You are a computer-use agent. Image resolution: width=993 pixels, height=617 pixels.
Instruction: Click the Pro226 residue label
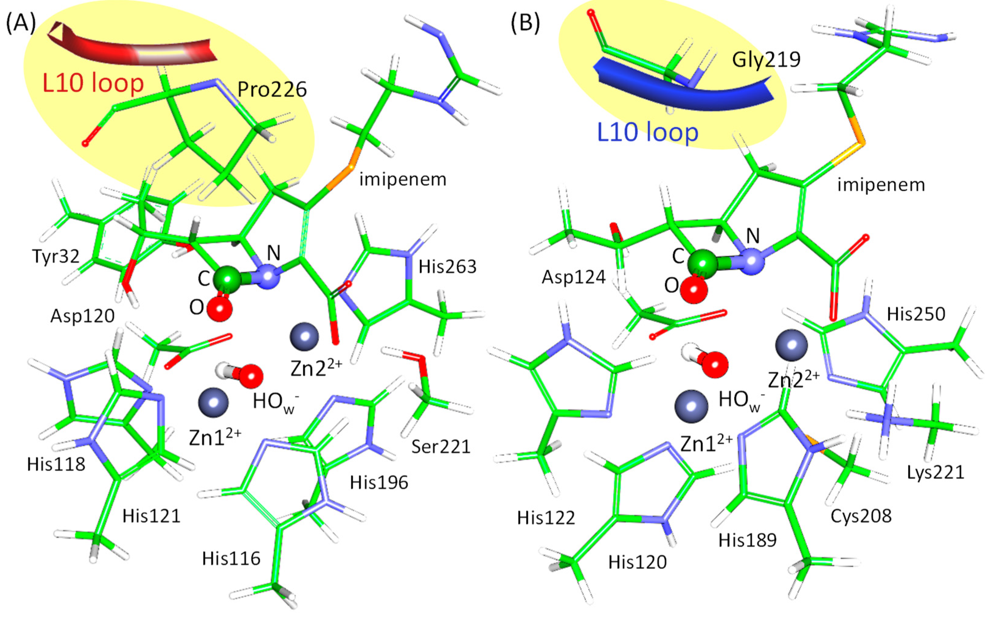coord(272,89)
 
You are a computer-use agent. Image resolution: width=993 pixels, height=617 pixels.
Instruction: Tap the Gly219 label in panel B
coord(766,60)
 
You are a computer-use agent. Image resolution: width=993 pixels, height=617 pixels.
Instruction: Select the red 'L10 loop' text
coord(93,83)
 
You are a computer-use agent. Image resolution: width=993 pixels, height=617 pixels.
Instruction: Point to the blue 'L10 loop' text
coord(648,132)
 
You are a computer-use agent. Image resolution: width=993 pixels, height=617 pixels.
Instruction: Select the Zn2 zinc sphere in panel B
coord(791,345)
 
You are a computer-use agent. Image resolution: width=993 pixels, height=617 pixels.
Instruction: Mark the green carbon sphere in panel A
coord(227,279)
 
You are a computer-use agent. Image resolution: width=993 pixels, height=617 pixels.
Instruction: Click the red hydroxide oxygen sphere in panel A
coord(251,376)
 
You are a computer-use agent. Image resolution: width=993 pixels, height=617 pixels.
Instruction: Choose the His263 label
coord(447,267)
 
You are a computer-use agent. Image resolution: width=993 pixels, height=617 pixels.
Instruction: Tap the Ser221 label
coord(440,447)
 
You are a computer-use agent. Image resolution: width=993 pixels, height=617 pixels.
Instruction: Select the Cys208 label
coord(861,516)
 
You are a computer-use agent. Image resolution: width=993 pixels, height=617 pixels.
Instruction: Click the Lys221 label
coord(936,472)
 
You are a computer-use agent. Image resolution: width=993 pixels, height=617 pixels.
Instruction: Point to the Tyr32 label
coord(56,256)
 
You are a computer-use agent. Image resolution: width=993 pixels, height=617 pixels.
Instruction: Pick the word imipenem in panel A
coord(403,180)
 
